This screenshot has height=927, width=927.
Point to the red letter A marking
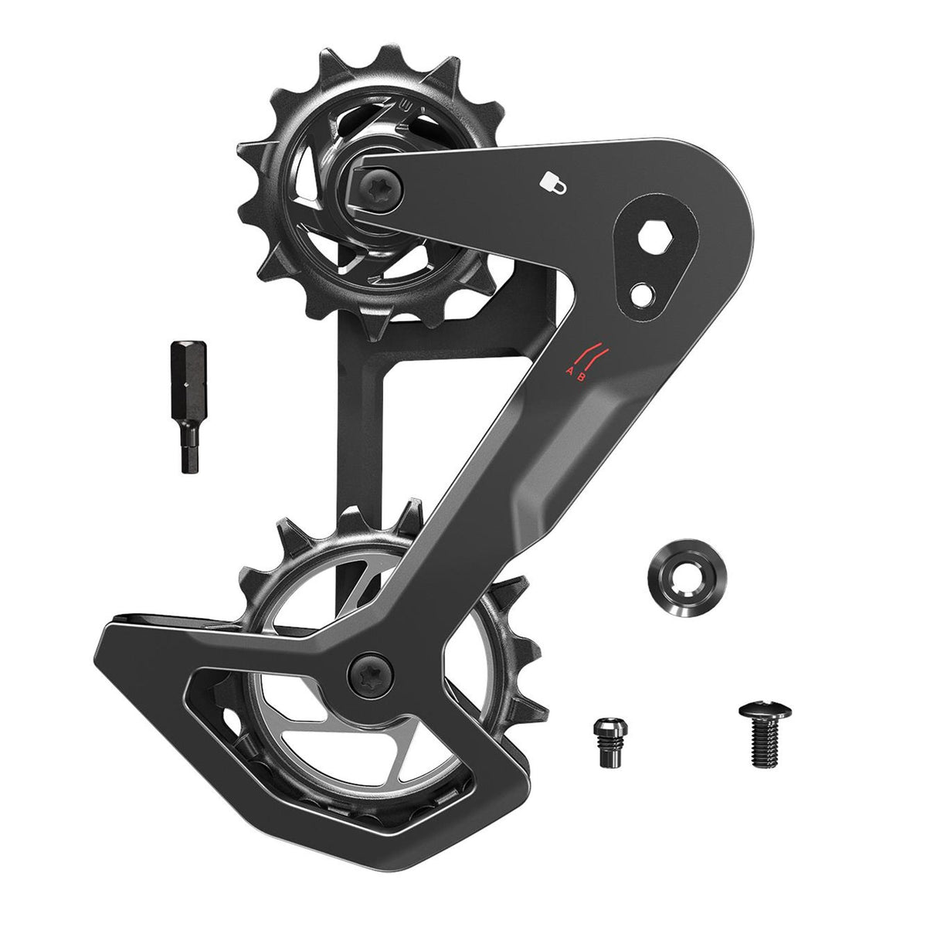pos(571,371)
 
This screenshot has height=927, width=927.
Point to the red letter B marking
pos(591,377)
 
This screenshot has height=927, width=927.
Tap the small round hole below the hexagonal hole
pos(640,294)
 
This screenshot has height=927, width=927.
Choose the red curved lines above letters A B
pos(593,354)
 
